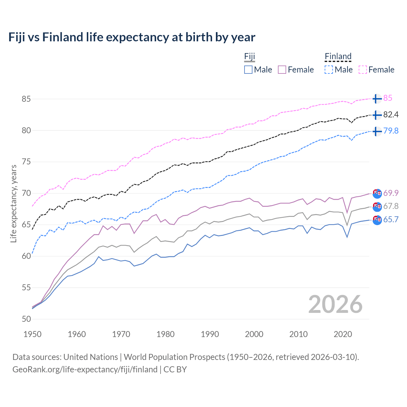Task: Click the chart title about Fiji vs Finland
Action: (x=132, y=37)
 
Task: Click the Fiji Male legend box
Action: (x=248, y=70)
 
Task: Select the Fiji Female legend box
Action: (x=282, y=70)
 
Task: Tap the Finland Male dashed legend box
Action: (x=329, y=70)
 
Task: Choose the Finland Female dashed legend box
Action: (x=363, y=70)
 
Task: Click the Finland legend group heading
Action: (x=338, y=57)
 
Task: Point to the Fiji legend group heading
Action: (x=250, y=57)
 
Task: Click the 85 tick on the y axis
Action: (x=26, y=99)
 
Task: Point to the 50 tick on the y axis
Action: (x=26, y=319)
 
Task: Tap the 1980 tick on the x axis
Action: (x=165, y=334)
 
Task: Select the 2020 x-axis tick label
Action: (x=343, y=334)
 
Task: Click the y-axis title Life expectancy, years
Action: (x=13, y=203)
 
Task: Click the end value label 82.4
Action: (x=391, y=114)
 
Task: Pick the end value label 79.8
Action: (x=391, y=131)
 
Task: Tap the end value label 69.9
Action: (x=391, y=193)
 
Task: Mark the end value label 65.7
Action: (x=391, y=219)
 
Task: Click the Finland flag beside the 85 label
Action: (x=377, y=99)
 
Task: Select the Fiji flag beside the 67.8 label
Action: (x=377, y=206)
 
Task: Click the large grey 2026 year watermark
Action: (x=335, y=304)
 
